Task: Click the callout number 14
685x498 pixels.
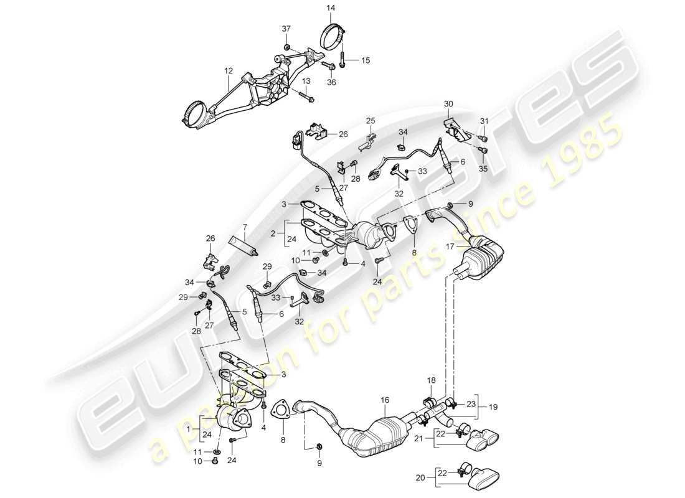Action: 330,7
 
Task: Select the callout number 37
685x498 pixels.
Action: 287,30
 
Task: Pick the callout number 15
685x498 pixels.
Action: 366,60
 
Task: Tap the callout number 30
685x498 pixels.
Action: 449,103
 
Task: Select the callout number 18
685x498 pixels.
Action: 432,380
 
